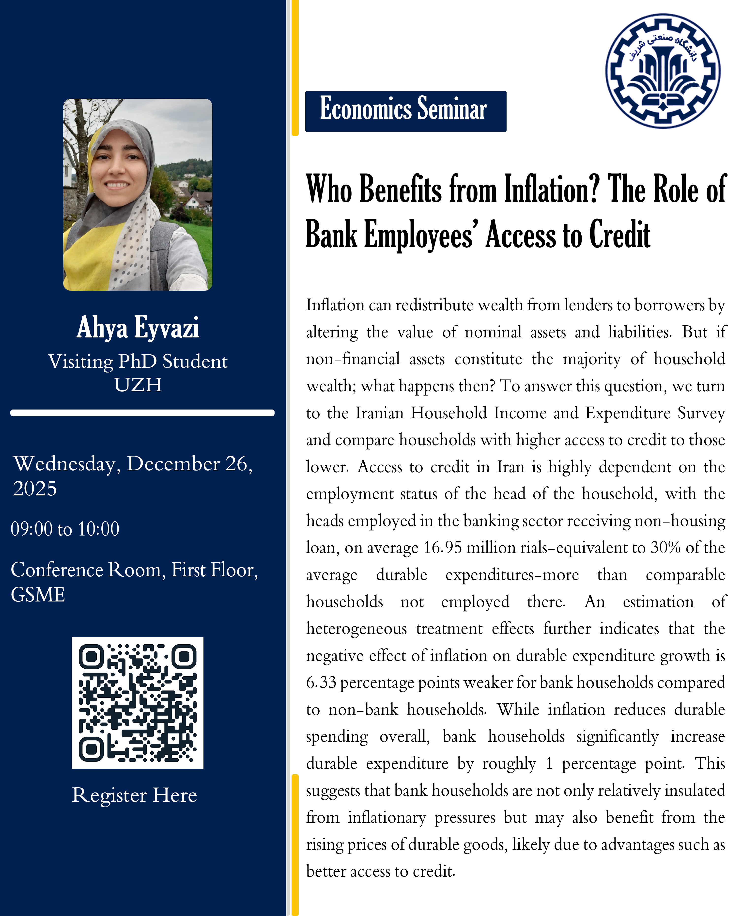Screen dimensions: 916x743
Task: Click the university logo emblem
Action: pos(663,71)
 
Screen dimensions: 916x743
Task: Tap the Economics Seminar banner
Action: pos(405,111)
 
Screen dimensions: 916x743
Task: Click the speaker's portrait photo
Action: pos(137,195)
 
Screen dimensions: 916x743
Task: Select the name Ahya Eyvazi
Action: pos(138,328)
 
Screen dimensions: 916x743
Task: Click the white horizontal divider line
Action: pos(142,413)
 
